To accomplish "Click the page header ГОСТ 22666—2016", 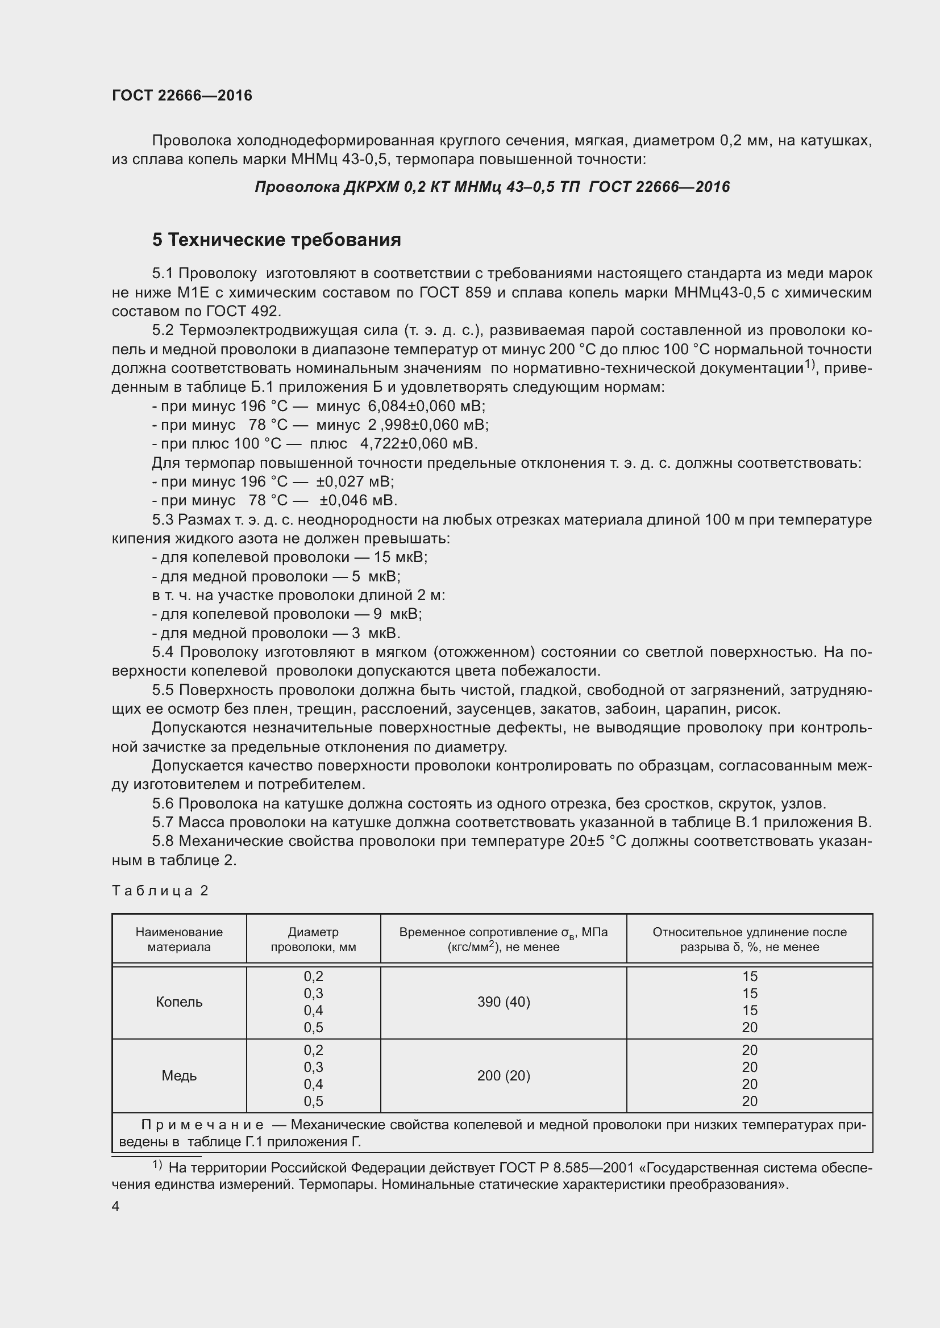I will coord(182,96).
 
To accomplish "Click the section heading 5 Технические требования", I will coord(276,240).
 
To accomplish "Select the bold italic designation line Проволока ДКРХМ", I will coord(492,187).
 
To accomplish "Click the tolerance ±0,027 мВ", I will coord(355,481).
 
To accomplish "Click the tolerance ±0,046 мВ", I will coord(358,500).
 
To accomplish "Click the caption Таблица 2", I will coord(160,891).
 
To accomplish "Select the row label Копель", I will coord(179,1002).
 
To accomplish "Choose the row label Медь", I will coord(179,1075).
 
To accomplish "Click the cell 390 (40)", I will coord(503,1002).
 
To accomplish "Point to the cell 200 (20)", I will coord(503,1075).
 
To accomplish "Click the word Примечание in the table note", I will coord(202,1125).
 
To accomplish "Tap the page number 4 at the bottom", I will coord(116,1206).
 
